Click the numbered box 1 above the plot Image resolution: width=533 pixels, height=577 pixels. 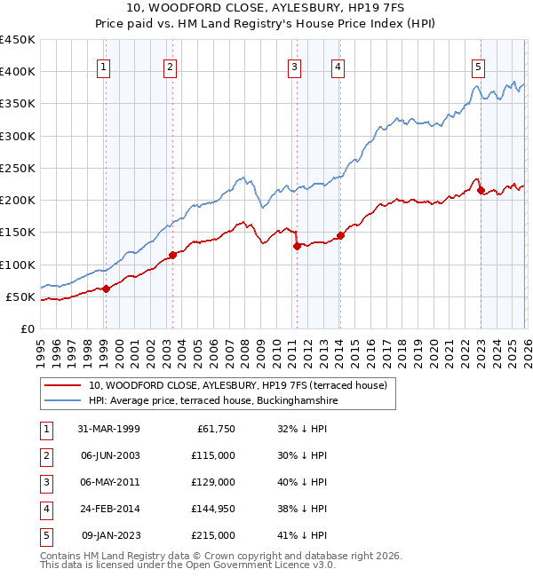click(x=105, y=66)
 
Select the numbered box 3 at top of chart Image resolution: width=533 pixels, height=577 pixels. click(x=294, y=66)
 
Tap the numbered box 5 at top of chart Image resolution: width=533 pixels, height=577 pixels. click(x=479, y=66)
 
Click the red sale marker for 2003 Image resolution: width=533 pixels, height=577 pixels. click(x=172, y=256)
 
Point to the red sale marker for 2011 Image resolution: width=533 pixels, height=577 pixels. click(x=296, y=247)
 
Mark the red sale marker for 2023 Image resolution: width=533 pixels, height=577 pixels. click(x=481, y=190)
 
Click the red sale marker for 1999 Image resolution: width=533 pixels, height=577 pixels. click(x=106, y=288)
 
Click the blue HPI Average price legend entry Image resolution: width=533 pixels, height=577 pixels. click(x=213, y=401)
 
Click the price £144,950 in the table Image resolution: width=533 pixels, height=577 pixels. click(x=213, y=509)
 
